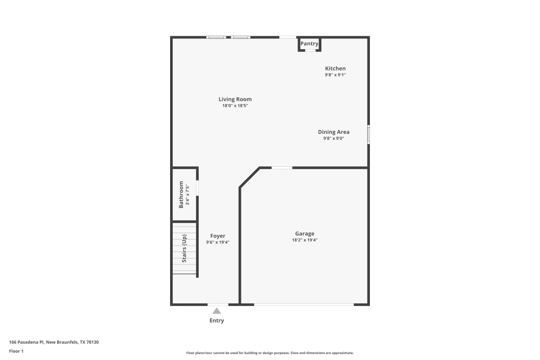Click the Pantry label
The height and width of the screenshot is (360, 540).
point(309,44)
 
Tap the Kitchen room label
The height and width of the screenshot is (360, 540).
point(335,69)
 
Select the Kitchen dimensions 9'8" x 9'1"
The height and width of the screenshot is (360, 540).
point(335,75)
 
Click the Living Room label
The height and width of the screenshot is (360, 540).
point(235,99)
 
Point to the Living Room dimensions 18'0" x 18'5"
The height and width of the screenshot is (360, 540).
point(235,106)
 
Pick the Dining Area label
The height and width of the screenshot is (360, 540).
point(333,132)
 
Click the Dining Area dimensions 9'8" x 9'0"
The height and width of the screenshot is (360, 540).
point(333,138)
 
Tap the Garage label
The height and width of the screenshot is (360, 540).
point(305,234)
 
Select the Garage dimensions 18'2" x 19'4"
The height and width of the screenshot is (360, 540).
point(305,240)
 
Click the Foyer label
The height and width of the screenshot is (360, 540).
point(218,236)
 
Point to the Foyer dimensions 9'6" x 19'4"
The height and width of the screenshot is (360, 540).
point(218,242)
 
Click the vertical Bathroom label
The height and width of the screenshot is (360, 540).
point(181,195)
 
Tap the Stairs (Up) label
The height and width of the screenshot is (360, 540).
point(184,248)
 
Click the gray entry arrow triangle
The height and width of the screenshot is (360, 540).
point(217,311)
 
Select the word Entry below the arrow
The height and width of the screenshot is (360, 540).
point(217,321)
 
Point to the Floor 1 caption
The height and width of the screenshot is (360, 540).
point(16,351)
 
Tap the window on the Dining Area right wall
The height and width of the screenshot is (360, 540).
point(369,134)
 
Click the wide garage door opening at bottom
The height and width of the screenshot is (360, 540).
point(303,305)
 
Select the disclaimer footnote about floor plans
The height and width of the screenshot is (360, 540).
point(270,353)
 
